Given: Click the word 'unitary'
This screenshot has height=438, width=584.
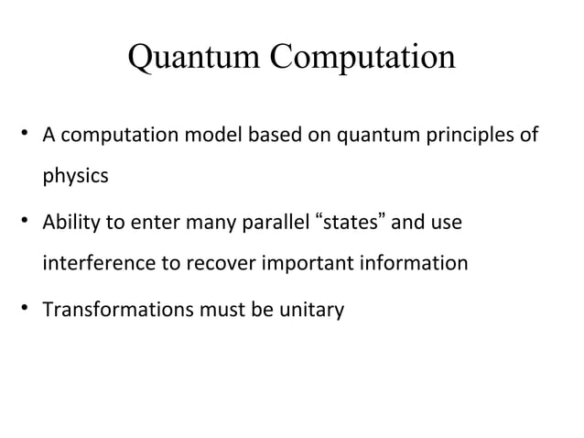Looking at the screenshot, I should (313, 310).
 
